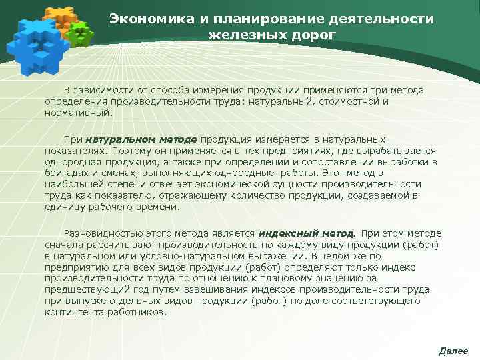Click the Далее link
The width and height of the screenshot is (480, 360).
(x=453, y=351)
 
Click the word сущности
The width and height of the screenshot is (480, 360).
(x=321, y=183)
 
